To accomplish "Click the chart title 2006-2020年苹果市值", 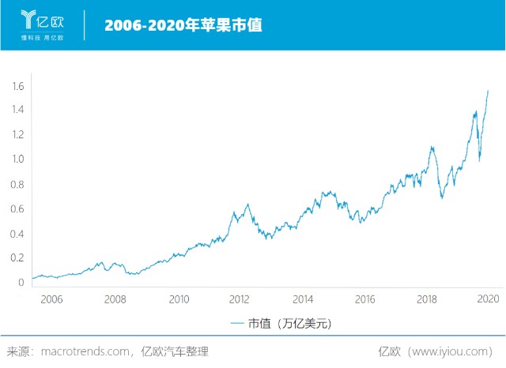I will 183,24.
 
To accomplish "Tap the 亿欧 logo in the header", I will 42,24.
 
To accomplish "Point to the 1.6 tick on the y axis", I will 17,85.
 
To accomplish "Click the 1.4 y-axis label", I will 17,110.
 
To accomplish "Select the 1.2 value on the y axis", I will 17,135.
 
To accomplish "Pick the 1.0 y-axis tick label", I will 17,160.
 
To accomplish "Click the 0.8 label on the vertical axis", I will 17,184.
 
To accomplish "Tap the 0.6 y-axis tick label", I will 17,209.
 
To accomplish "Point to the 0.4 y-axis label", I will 17,234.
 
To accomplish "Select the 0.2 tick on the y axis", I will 17,258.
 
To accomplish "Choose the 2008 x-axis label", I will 115,299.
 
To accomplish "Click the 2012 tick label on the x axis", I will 240,299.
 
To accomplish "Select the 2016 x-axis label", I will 364,299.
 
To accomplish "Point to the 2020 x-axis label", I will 488,299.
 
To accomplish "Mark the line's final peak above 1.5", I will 488,91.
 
